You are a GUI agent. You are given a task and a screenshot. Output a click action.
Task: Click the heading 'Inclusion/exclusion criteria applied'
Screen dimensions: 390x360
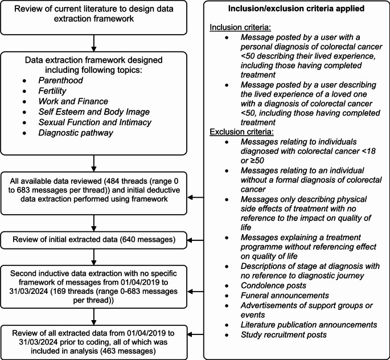(x=296, y=9)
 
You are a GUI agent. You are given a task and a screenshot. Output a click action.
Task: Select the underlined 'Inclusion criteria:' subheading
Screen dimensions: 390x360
(x=240, y=27)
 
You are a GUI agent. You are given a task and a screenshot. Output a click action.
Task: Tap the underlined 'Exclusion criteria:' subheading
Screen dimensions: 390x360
(x=241, y=132)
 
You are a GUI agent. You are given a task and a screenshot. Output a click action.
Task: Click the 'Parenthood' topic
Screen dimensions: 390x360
(x=60, y=80)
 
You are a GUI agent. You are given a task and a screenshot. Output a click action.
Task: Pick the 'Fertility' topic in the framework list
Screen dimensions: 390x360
(x=52, y=91)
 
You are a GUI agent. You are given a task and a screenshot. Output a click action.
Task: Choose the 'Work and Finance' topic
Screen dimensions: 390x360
(x=73, y=101)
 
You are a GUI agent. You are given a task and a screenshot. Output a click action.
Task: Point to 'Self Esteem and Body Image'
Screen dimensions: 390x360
(x=94, y=112)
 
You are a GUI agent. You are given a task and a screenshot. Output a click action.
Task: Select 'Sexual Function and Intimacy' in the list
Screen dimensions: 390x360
(x=95, y=122)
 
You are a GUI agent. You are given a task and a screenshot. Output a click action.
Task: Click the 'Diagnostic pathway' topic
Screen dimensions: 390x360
(x=76, y=133)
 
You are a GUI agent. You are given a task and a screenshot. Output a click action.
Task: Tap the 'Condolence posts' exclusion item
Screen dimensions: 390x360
(x=273, y=285)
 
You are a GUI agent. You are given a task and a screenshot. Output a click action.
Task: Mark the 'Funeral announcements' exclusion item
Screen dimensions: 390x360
(x=285, y=295)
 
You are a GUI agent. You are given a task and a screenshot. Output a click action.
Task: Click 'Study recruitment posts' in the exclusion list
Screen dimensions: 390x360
(x=284, y=334)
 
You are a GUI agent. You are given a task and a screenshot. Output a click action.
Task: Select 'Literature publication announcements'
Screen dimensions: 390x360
(x=309, y=325)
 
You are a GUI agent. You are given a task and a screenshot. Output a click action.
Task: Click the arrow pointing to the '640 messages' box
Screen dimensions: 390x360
(x=195, y=240)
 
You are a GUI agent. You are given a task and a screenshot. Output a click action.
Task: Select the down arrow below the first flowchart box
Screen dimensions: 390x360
(x=94, y=43)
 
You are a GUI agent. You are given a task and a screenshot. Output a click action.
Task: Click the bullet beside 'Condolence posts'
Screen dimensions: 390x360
(x=227, y=286)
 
